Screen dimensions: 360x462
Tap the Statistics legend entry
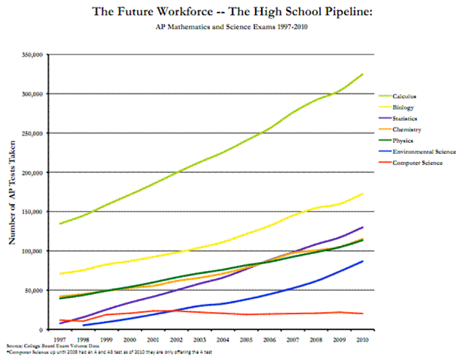(405, 119)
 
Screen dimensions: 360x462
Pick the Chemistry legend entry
(406, 130)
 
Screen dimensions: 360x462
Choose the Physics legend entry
(402, 141)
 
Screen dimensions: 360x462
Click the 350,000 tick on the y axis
(32, 54)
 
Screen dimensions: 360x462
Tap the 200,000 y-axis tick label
(32, 172)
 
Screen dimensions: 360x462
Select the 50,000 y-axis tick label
(34, 290)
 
